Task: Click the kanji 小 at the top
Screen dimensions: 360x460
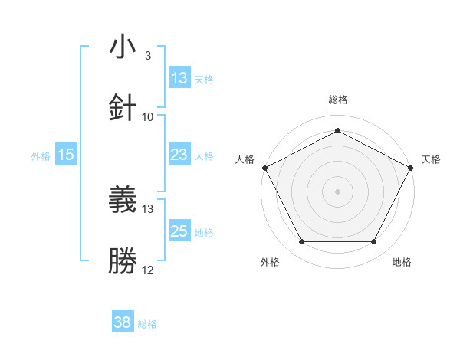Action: (123, 47)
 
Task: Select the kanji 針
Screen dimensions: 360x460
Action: (123, 107)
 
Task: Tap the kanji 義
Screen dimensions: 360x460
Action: (123, 200)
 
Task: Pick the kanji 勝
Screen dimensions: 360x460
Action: (123, 260)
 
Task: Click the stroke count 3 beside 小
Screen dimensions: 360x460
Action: (148, 56)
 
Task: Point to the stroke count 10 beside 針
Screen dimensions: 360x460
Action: (148, 116)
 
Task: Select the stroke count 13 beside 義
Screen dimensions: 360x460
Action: (148, 208)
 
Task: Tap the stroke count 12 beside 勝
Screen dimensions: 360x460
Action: (148, 270)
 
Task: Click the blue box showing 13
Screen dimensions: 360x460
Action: (179, 78)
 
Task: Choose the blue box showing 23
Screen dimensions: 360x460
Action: (179, 155)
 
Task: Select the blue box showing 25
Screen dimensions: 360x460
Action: (179, 231)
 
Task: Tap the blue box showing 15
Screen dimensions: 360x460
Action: (66, 155)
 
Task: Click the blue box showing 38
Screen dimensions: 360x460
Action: (123, 322)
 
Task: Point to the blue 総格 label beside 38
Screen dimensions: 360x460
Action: (147, 324)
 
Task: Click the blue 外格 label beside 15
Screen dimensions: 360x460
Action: (41, 155)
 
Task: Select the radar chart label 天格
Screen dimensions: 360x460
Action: (431, 159)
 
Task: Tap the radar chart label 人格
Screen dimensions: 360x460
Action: (245, 159)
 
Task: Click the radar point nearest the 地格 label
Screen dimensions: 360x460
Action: (374, 242)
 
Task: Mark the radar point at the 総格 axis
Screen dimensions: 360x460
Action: (337, 129)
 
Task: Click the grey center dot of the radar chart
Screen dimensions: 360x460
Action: (337, 191)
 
